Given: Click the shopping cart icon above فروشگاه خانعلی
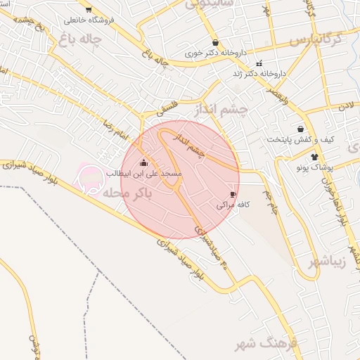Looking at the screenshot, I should pyautogui.click(x=88, y=9).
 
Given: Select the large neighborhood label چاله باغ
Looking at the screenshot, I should pyautogui.click(x=82, y=39).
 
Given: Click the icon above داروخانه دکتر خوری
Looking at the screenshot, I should pyautogui.click(x=214, y=42).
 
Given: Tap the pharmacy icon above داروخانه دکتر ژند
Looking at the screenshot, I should pyautogui.click(x=259, y=63).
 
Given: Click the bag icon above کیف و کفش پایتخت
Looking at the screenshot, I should pyautogui.click(x=301, y=129).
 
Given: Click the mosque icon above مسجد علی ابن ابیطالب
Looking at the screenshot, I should pyautogui.click(x=144, y=162).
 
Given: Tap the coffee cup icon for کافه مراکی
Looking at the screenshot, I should pyautogui.click(x=233, y=194).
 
